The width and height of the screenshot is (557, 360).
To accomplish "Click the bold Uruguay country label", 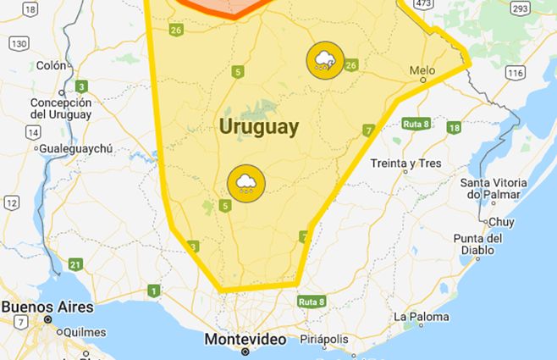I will click(258, 127).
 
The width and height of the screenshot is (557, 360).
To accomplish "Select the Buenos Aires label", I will click(47, 307).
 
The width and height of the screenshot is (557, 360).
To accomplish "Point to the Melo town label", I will click(422, 70).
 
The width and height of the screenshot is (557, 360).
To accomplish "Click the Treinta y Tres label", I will click(406, 163).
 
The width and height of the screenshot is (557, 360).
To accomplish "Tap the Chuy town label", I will click(501, 222).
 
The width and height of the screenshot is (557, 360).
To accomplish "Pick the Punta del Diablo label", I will click(477, 244).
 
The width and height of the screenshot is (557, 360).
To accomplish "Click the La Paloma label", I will click(421, 317).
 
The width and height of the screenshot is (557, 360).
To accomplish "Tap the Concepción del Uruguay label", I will click(60, 108).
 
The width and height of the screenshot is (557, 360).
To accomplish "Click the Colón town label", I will click(51, 65).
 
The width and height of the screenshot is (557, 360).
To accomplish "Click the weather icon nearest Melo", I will click(326, 60).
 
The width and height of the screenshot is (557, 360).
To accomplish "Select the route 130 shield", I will click(19, 43).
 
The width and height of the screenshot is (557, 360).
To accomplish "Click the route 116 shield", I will click(515, 74).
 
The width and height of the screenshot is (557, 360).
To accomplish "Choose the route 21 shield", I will click(75, 264).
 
